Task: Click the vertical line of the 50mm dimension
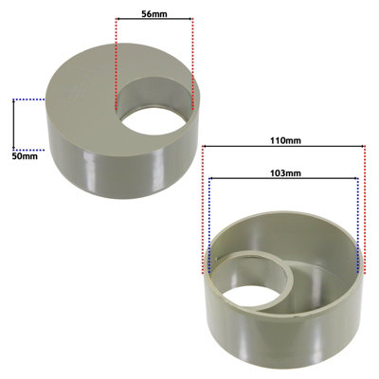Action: [14, 123]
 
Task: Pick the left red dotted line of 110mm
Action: [204, 208]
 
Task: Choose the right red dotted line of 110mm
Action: [365, 208]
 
